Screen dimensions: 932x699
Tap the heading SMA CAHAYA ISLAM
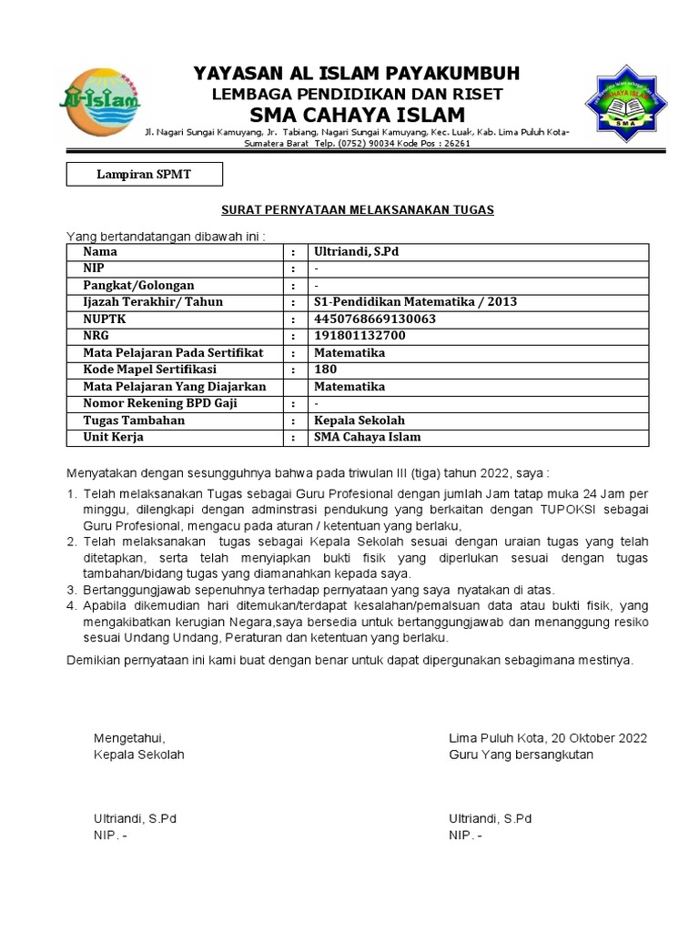[358, 115]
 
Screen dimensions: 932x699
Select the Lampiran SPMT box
[144, 174]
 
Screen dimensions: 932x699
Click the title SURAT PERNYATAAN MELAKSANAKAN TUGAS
[358, 210]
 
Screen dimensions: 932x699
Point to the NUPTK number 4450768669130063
[374, 319]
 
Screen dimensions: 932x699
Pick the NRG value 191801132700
[360, 336]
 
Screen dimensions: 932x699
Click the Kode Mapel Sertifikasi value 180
[325, 370]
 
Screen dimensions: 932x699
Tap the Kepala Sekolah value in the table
[359, 420]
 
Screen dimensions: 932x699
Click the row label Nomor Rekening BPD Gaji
[160, 403]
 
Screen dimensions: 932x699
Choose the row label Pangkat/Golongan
[138, 285]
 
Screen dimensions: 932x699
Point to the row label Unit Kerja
[113, 437]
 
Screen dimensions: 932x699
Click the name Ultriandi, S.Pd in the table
[357, 251]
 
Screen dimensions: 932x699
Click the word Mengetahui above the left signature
[129, 737]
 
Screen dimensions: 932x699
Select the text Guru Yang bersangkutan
[521, 755]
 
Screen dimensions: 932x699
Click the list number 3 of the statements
[71, 590]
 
